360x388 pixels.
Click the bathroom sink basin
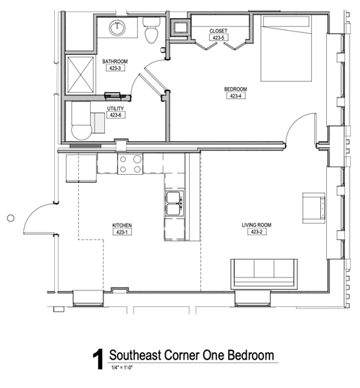coord(117,28)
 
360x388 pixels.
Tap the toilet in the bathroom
coord(151,30)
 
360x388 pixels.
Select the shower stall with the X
coord(80,74)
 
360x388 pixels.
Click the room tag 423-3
coord(115,68)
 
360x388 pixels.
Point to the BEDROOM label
coord(235,89)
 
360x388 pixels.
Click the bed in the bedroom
coord(286,49)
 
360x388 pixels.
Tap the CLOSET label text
coord(218,31)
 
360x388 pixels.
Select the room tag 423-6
coord(115,115)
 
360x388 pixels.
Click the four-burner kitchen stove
coord(130,164)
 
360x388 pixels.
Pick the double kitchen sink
coord(175,203)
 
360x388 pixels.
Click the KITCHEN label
coord(122,225)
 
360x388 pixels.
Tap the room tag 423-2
coord(257,232)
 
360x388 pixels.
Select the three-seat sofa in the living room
coord(264,274)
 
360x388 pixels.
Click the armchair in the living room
coord(313,208)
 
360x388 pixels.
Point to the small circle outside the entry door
coord(10,218)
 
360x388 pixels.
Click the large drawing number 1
coord(98,359)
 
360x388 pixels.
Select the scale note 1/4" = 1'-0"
coord(122,368)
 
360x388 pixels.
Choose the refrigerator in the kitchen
coord(81,168)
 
